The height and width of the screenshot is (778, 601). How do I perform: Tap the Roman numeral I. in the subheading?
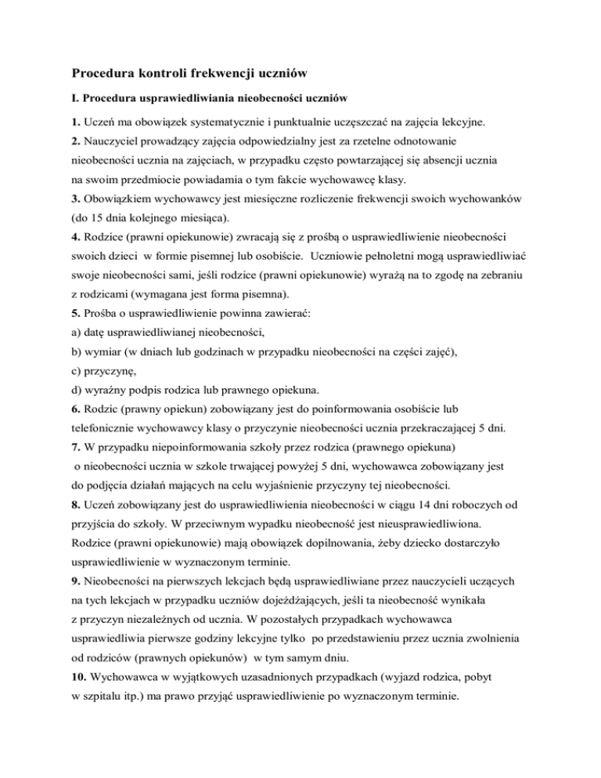click(x=76, y=99)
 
